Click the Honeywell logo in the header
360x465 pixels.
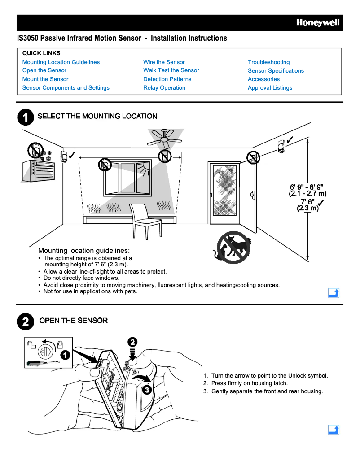click(317, 23)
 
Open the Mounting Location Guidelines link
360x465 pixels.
click(61, 62)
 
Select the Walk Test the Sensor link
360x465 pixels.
click(171, 70)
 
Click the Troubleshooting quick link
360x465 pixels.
click(268, 62)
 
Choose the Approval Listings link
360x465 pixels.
click(270, 88)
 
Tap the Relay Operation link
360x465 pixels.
click(164, 88)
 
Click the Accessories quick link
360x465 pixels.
click(263, 79)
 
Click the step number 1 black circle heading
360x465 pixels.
click(25, 117)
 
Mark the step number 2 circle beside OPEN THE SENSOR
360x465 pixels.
click(25, 321)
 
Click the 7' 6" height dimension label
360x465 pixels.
click(307, 205)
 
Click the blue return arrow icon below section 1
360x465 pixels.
click(334, 293)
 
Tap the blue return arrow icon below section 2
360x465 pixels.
click(334, 430)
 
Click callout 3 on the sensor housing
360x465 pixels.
click(146, 390)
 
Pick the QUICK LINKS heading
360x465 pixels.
click(41, 53)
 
